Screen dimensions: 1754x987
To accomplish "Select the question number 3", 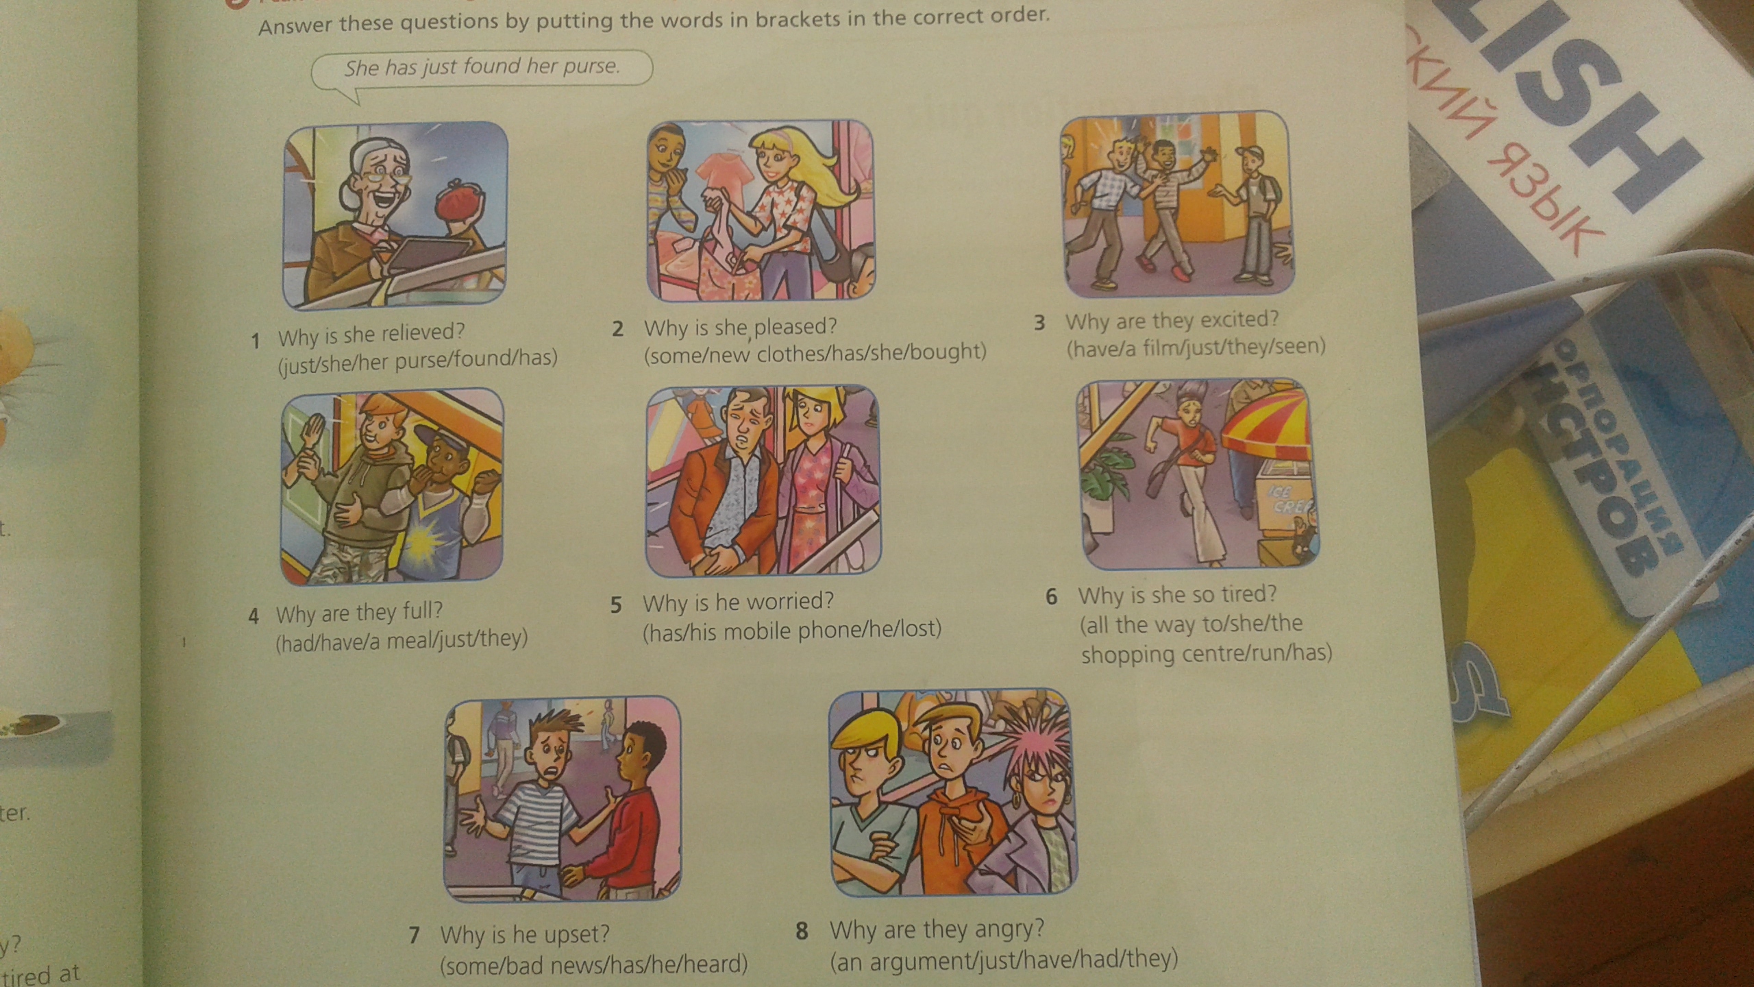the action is pos(1039,323).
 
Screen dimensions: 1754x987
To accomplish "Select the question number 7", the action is pos(414,935).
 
